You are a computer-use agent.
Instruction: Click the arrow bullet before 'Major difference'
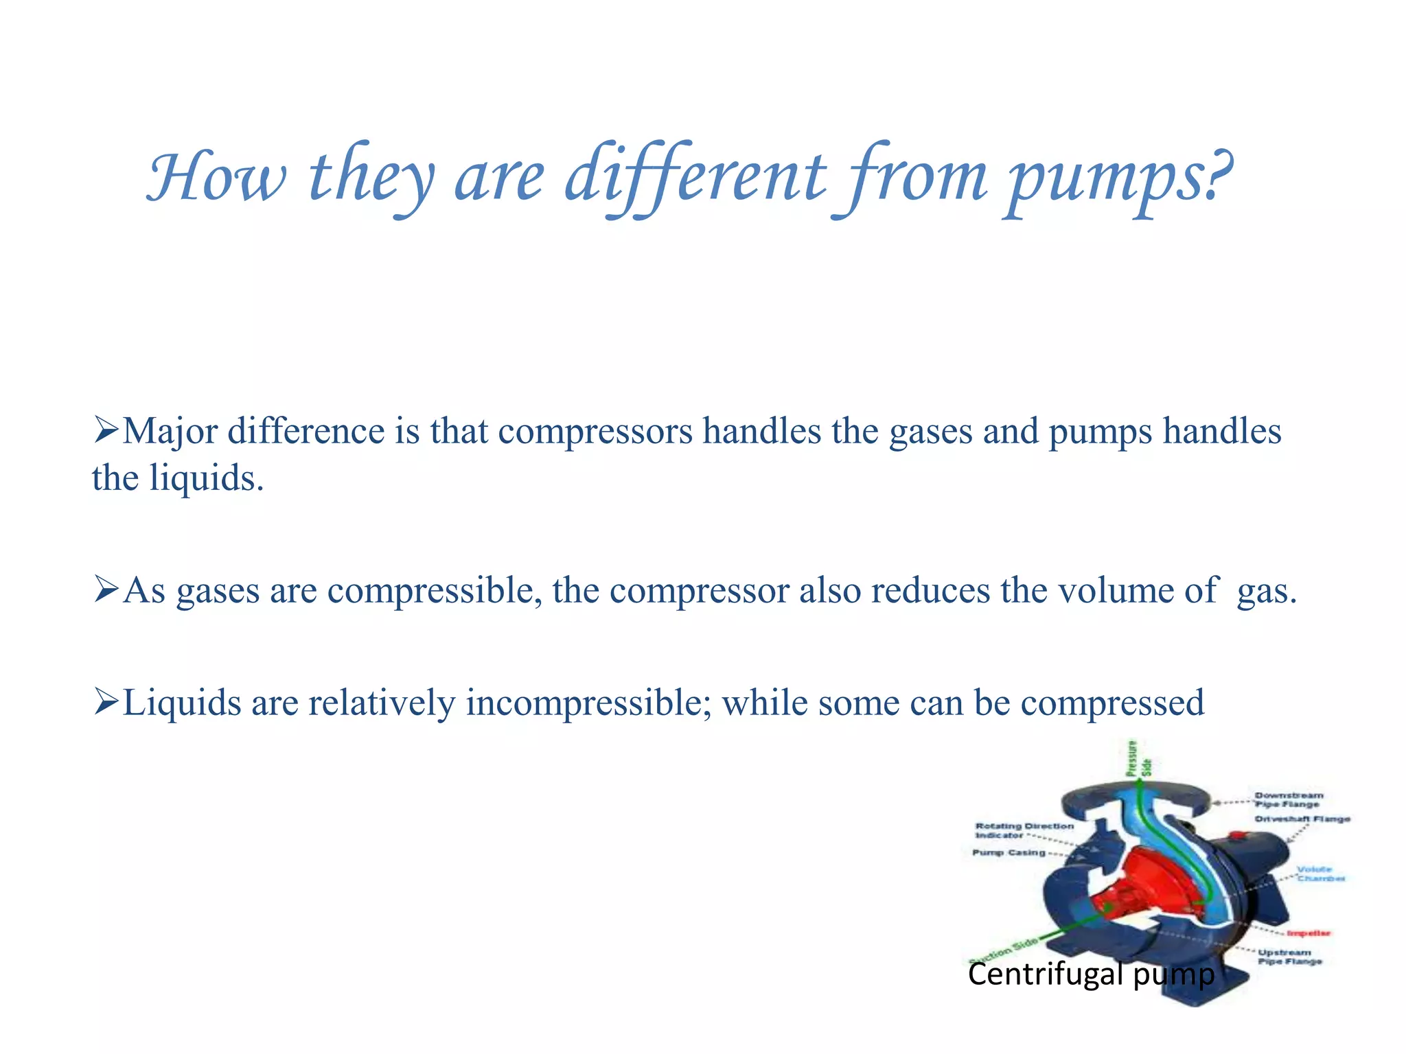pos(106,430)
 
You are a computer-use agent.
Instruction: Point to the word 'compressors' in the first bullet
pos(595,432)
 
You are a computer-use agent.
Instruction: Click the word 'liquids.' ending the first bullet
pos(207,478)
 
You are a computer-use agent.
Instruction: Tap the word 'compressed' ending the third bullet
pos(1112,704)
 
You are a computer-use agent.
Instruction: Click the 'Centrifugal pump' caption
pos(1091,974)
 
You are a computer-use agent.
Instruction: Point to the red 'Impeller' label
pos(1308,933)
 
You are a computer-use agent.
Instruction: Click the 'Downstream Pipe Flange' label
pos(1289,799)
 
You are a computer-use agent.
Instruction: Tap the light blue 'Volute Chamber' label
pos(1319,874)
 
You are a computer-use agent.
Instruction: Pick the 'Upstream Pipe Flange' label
pos(1289,957)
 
